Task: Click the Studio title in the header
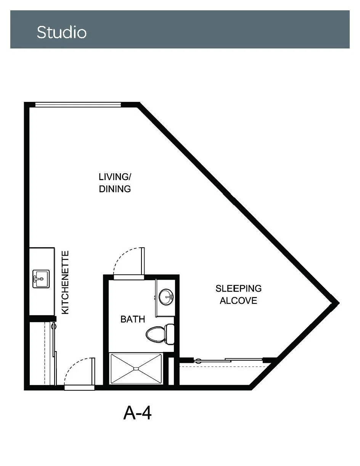62,32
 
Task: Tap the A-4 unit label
137,413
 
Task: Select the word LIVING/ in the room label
115,177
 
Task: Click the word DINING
115,189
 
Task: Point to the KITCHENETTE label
65,283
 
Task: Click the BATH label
133,319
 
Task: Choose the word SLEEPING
238,289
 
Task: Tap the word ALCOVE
238,301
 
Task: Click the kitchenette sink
41,279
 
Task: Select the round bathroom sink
166,297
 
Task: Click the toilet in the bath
160,335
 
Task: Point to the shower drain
136,369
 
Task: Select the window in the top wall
78,105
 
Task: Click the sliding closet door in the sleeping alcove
228,360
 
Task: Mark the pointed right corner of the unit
339,303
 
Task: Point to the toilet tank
170,335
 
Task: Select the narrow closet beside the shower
171,371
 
